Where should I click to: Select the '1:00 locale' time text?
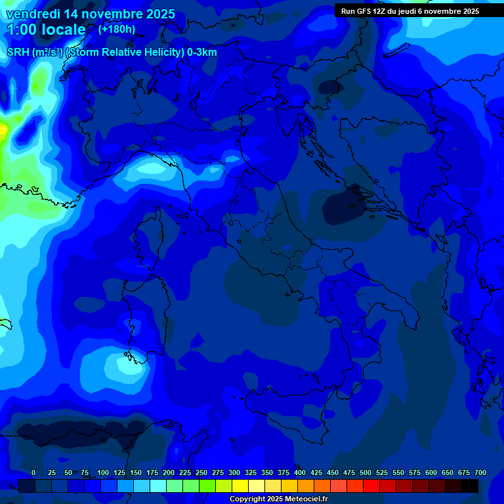pos(46,30)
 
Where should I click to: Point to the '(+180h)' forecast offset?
pos(117,29)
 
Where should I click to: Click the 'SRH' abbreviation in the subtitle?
pos(18,52)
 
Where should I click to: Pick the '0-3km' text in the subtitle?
pos(201,52)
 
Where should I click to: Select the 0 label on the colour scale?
pos(33,472)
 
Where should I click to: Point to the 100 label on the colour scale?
pos(103,472)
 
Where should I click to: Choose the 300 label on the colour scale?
pos(234,472)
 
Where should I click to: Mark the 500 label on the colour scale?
pos(366,472)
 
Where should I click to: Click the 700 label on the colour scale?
pos(480,472)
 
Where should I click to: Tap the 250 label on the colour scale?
pos(201,472)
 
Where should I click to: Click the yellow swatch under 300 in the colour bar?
pos(240,486)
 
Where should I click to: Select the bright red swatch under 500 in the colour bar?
pos(371,486)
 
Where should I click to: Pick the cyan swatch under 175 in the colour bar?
pos(158,486)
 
